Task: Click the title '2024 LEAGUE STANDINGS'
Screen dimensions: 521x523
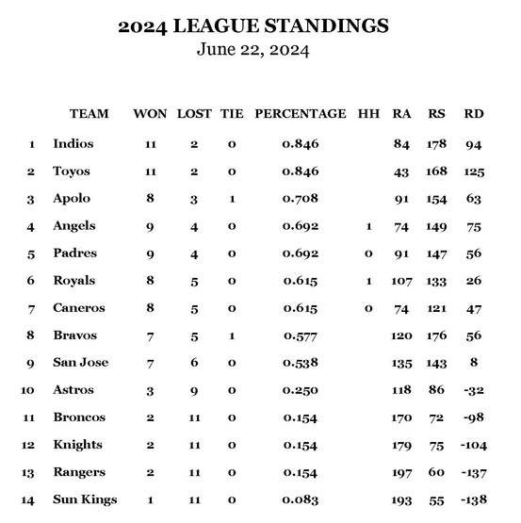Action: tap(252, 25)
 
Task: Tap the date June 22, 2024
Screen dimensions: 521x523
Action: tap(252, 49)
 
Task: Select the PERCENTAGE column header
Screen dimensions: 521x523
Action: tap(301, 114)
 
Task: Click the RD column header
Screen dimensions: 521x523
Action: tap(474, 114)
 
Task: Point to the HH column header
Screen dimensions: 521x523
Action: tap(368, 114)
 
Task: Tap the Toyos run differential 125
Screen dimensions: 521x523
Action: tap(474, 172)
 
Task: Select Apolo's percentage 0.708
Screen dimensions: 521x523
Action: tap(301, 199)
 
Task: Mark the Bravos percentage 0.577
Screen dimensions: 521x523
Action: tap(301, 335)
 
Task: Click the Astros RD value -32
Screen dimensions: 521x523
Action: tap(474, 390)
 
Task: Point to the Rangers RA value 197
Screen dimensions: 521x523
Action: tap(402, 472)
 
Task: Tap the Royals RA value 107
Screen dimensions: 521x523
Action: tap(402, 281)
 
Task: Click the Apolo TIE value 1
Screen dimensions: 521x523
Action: tap(232, 199)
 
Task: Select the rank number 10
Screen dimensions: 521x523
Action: tap(31, 390)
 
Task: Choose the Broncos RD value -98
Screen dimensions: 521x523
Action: tap(474, 417)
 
